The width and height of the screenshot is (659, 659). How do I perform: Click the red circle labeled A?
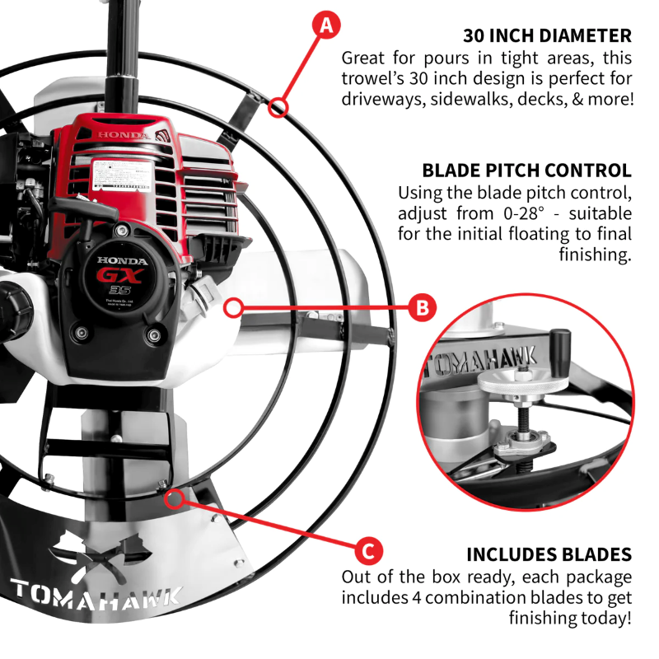(x=327, y=26)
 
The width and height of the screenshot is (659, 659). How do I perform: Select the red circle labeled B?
(x=422, y=308)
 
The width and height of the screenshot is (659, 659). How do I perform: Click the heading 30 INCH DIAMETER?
(x=547, y=36)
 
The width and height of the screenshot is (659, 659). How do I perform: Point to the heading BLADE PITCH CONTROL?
(x=526, y=171)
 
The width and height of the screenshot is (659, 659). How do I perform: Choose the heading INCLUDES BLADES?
(x=549, y=554)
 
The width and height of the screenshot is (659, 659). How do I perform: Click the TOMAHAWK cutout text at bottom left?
(x=95, y=594)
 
